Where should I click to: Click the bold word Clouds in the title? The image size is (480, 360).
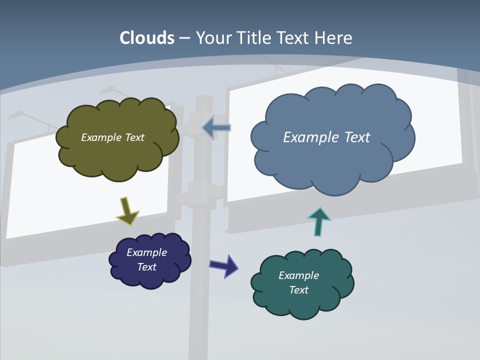point(147,38)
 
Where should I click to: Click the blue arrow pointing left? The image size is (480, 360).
point(216,128)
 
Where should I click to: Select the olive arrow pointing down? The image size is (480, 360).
point(127,210)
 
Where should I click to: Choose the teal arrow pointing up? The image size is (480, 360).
point(319,221)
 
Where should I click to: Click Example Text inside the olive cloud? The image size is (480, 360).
point(112,137)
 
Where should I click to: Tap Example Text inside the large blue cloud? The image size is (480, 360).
point(326,137)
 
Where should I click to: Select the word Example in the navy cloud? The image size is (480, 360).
point(146,252)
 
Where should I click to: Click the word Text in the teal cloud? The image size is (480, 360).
point(298,290)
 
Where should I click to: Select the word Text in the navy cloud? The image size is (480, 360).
point(146,267)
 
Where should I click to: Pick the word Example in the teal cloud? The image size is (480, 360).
point(298,275)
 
